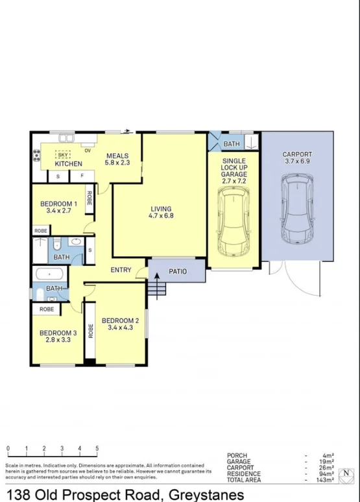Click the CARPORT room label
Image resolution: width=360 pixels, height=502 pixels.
[x=297, y=154]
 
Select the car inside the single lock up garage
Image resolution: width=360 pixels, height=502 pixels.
[x=234, y=224]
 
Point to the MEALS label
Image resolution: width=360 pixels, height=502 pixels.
[x=117, y=156]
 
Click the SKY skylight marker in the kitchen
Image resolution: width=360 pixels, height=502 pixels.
[x=62, y=155]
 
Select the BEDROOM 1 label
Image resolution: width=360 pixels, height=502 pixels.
[x=58, y=204]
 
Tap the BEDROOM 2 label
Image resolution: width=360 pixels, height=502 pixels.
[x=121, y=320]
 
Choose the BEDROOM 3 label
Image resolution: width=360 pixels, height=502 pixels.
[x=57, y=333]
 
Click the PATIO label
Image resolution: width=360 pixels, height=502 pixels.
[x=178, y=271]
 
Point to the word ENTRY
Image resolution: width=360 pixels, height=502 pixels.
[x=121, y=270]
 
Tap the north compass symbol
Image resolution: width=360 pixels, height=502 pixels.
[x=348, y=473]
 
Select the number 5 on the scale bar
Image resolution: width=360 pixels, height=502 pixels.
[x=97, y=449]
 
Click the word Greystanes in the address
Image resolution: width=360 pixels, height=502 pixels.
[x=206, y=495]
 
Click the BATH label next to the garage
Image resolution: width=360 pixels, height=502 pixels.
[x=232, y=143]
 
